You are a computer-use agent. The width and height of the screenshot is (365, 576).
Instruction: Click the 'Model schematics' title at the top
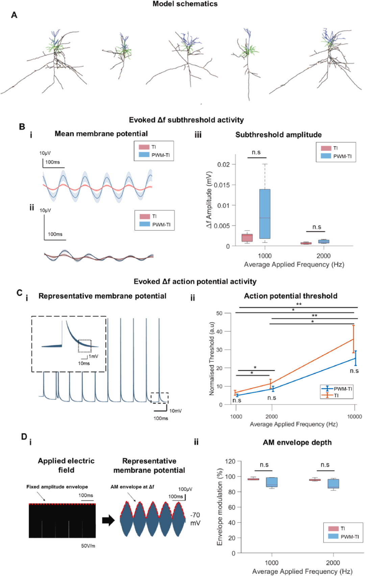[185, 4]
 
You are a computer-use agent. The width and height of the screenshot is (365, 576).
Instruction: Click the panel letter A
[14, 15]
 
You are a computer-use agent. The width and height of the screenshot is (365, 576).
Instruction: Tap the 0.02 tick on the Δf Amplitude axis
[223, 165]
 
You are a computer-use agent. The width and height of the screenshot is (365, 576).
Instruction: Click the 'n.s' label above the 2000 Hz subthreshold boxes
[317, 227]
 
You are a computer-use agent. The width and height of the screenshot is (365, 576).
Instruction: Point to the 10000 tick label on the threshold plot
[355, 416]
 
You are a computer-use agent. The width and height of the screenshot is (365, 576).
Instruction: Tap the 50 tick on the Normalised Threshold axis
[219, 313]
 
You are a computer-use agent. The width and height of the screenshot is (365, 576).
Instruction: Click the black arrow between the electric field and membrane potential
[108, 520]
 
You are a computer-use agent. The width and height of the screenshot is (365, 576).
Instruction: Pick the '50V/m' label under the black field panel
[88, 546]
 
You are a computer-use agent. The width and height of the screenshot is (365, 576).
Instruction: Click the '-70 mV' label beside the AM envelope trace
[195, 519]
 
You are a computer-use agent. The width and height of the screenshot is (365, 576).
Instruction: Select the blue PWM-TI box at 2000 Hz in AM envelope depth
[333, 483]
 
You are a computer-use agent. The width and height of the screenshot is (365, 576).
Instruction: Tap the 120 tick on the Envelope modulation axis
[230, 461]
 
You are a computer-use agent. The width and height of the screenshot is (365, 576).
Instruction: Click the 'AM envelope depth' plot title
[297, 442]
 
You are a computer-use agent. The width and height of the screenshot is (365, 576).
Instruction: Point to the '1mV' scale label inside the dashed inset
[93, 356]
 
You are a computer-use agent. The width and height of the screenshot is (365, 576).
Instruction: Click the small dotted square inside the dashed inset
[84, 346]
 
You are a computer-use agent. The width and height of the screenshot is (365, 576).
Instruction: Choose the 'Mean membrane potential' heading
[101, 134]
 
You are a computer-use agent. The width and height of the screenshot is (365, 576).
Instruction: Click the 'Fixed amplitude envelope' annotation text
[57, 487]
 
